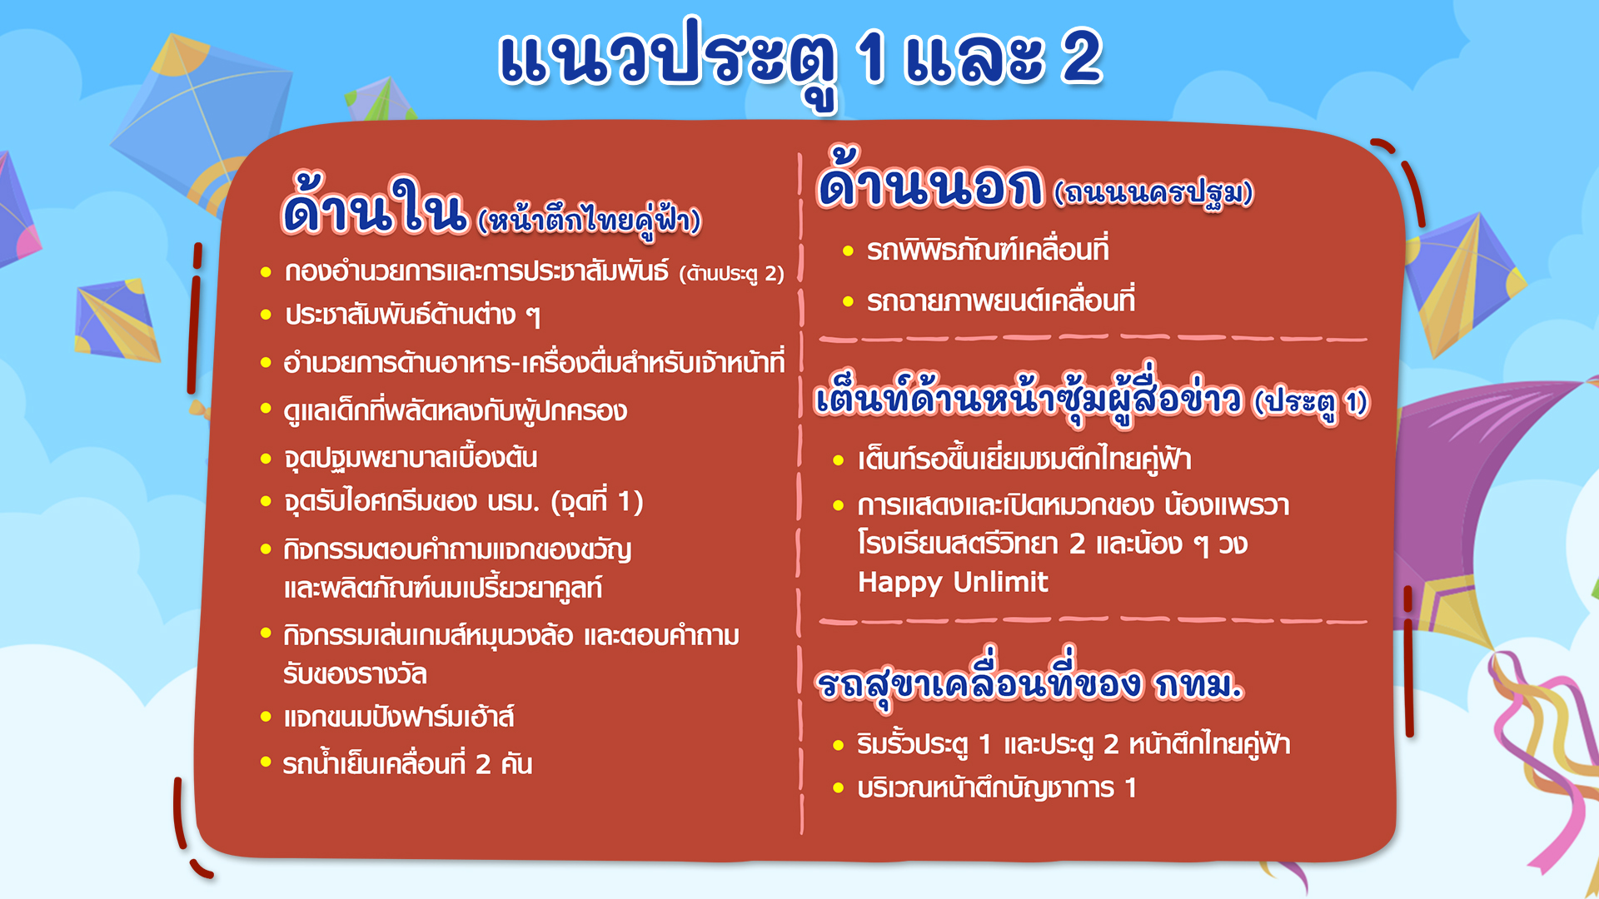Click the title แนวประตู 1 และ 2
(800, 62)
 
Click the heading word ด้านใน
(375, 204)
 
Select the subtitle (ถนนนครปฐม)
(1153, 194)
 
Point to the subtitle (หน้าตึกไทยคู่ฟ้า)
(590, 221)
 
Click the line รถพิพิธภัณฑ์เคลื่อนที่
(988, 250)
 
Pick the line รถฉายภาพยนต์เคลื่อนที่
(1000, 300)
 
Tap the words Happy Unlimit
(953, 582)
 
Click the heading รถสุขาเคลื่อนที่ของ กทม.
(1029, 683)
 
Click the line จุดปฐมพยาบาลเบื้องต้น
(411, 458)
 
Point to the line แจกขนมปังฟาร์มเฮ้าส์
(399, 716)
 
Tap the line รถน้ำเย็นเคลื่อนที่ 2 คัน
(407, 763)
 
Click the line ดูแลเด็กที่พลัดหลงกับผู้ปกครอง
(455, 410)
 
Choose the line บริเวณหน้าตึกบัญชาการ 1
(997, 787)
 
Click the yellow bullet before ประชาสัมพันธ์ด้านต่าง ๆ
(266, 315)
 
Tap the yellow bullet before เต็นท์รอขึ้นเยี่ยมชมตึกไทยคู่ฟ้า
(839, 459)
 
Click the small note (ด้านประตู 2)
(732, 274)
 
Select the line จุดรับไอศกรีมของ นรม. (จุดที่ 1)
(463, 502)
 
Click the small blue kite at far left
(116, 320)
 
